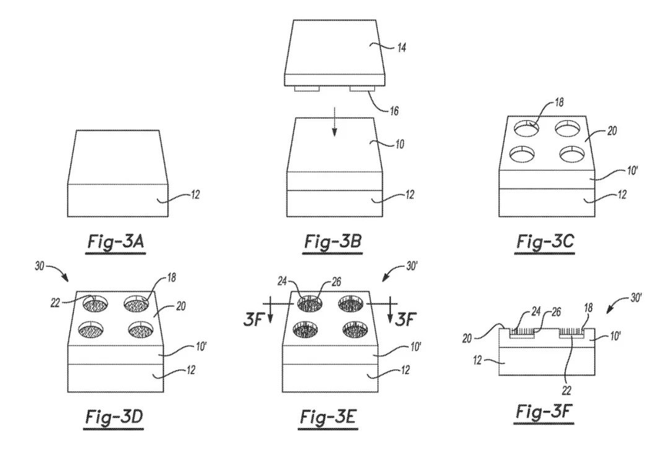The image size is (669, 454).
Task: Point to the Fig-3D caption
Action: tap(115, 417)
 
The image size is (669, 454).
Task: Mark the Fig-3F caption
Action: tap(546, 412)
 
